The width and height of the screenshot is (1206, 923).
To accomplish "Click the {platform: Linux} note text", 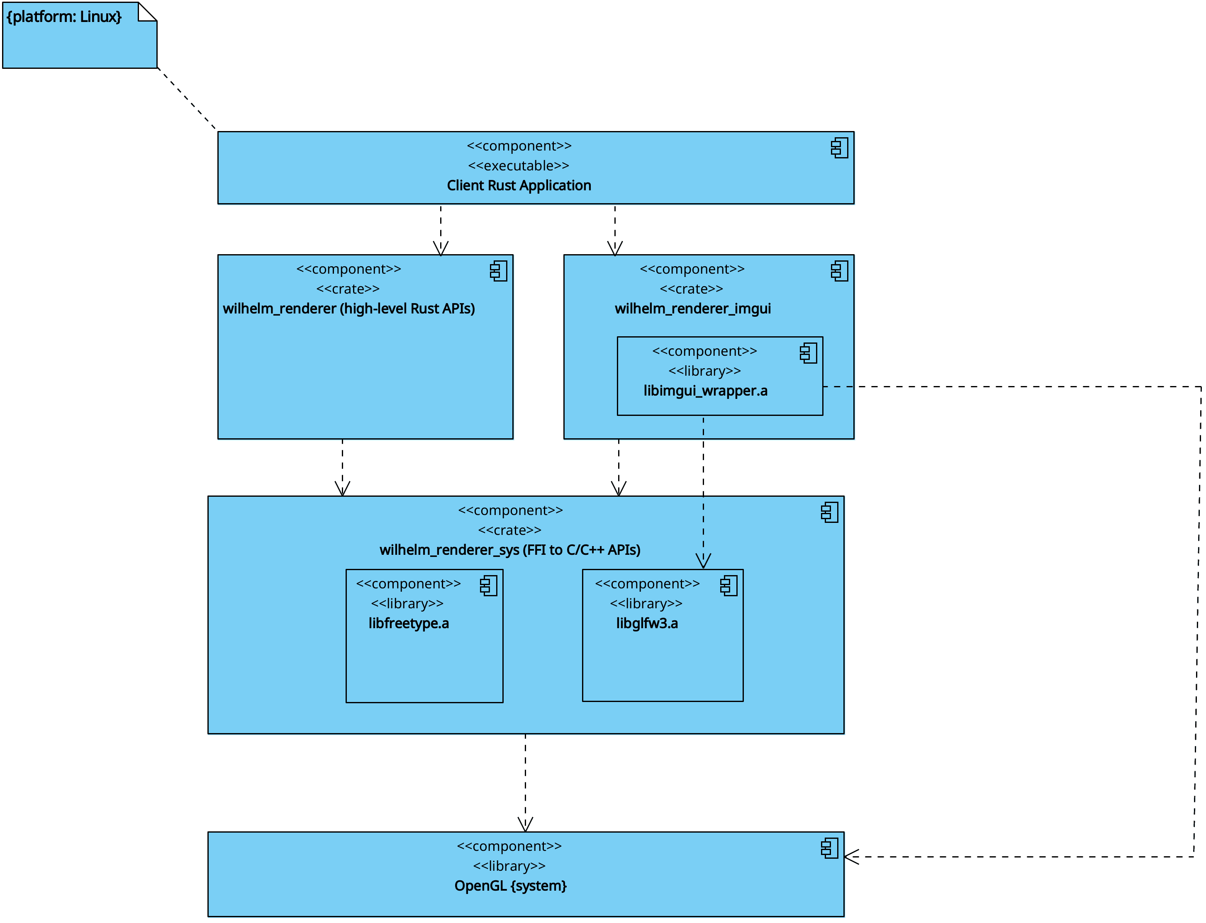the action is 64,17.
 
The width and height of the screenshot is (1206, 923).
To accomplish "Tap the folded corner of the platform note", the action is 147,12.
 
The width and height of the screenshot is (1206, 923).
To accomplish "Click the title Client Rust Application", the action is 519,186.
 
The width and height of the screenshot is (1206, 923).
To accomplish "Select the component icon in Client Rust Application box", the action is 839,148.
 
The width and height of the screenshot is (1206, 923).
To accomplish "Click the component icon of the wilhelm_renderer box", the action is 499,271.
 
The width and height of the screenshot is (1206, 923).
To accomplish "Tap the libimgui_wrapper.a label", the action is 705,391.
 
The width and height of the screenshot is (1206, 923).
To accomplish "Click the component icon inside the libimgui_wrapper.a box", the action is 809,353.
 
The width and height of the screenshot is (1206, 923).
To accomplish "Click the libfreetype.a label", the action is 408,623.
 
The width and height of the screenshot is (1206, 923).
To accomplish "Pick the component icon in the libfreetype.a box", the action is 489,585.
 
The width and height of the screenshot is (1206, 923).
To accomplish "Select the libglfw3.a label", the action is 647,623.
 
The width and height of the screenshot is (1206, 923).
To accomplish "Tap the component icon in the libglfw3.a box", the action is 729,585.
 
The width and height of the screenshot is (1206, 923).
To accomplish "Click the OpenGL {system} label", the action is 511,886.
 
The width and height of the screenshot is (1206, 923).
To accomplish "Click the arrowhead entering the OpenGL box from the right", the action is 851,857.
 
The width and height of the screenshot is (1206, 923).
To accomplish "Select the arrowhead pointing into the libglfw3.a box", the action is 703,561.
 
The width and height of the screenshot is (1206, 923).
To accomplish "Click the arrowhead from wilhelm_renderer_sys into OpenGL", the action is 525,824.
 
